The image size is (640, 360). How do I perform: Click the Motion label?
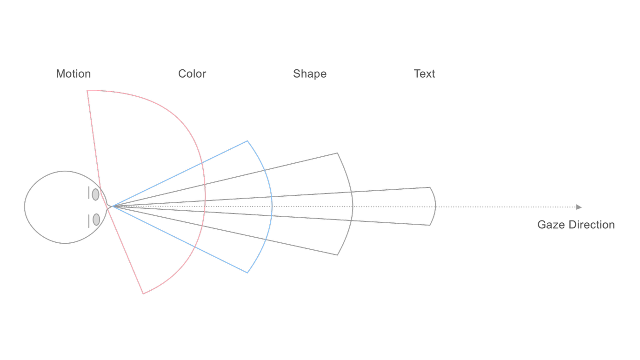(73, 74)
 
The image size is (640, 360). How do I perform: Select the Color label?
(192, 74)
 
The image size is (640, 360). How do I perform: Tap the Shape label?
(310, 74)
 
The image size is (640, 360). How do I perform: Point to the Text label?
(425, 74)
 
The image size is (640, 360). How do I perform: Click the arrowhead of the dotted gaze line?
(579, 207)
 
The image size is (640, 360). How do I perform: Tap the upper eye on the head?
(95, 194)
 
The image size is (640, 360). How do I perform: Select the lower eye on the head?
(96, 220)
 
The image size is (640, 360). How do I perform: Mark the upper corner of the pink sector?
(87, 91)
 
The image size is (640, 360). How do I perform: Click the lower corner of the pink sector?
(143, 294)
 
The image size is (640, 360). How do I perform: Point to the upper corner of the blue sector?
(247, 141)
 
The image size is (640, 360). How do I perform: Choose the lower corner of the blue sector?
(247, 273)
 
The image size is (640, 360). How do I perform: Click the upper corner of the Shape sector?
(337, 153)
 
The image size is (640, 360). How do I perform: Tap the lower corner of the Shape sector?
(337, 255)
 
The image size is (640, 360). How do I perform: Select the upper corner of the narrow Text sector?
(430, 187)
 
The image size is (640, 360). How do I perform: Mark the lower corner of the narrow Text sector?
(430, 225)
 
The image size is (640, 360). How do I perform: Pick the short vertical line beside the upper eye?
(89, 193)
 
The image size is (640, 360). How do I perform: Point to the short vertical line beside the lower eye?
(89, 221)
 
